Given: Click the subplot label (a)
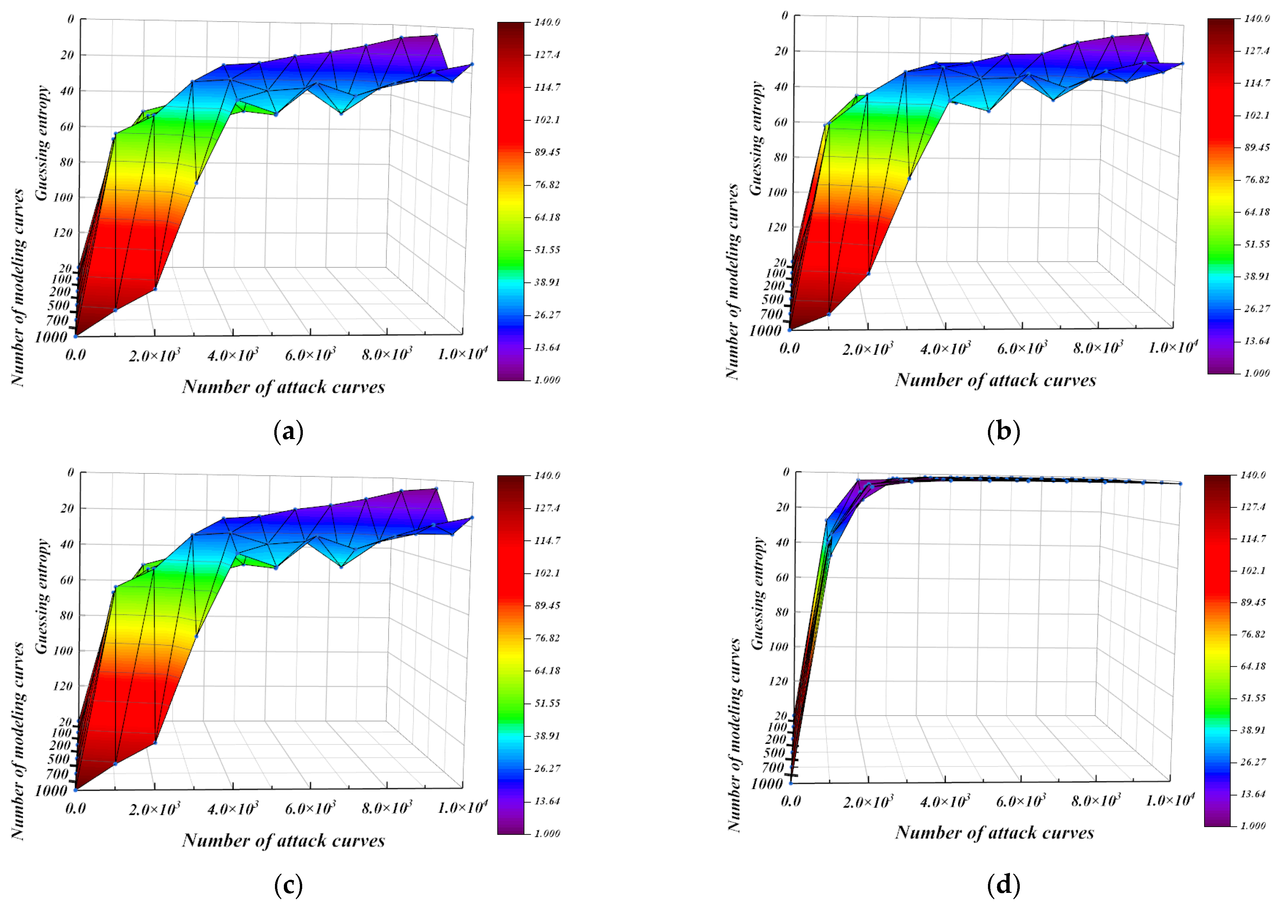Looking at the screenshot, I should click(x=288, y=433).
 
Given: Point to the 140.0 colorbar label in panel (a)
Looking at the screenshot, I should click(x=547, y=22).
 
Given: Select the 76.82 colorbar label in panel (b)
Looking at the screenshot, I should click(x=1256, y=180).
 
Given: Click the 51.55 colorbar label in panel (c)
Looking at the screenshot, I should click(x=547, y=703).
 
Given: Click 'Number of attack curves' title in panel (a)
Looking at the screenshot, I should click(x=283, y=387).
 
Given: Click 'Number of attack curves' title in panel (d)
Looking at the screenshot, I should click(x=995, y=833).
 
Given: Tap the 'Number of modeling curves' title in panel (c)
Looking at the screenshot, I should click(x=18, y=741).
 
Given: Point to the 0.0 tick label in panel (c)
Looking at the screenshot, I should click(x=76, y=808).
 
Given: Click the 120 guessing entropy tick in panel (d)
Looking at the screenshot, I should click(x=778, y=681).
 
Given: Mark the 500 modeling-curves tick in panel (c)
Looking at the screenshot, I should click(x=58, y=759).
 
